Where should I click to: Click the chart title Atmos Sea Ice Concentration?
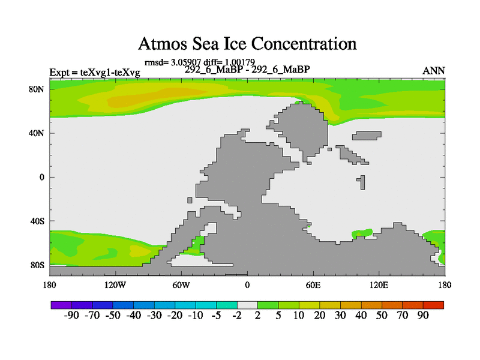pyautogui.click(x=247, y=44)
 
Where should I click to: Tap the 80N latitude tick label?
pyautogui.click(x=38, y=89)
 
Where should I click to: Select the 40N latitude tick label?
pyautogui.click(x=38, y=133)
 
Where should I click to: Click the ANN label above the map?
pyautogui.click(x=434, y=71)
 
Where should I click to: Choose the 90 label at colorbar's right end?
pyautogui.click(x=423, y=316)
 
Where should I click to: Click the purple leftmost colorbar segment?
pyautogui.click(x=61, y=305)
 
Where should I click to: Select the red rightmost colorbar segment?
pyautogui.click(x=433, y=305)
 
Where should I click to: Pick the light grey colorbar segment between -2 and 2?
pyautogui.click(x=247, y=305)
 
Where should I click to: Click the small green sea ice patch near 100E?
pyautogui.click(x=362, y=232)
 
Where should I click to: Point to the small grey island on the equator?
pyautogui.click(x=361, y=182)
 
